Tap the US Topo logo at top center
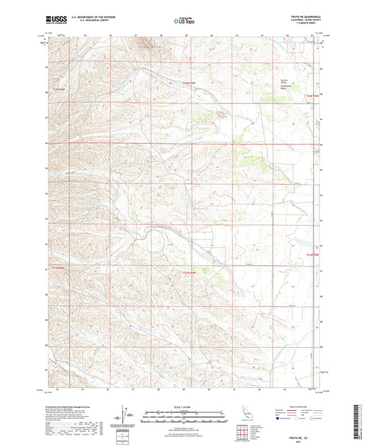[184, 21]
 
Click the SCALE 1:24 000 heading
[185, 406]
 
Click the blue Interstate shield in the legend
[280, 419]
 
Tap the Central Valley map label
[283, 80]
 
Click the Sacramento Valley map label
[283, 85]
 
